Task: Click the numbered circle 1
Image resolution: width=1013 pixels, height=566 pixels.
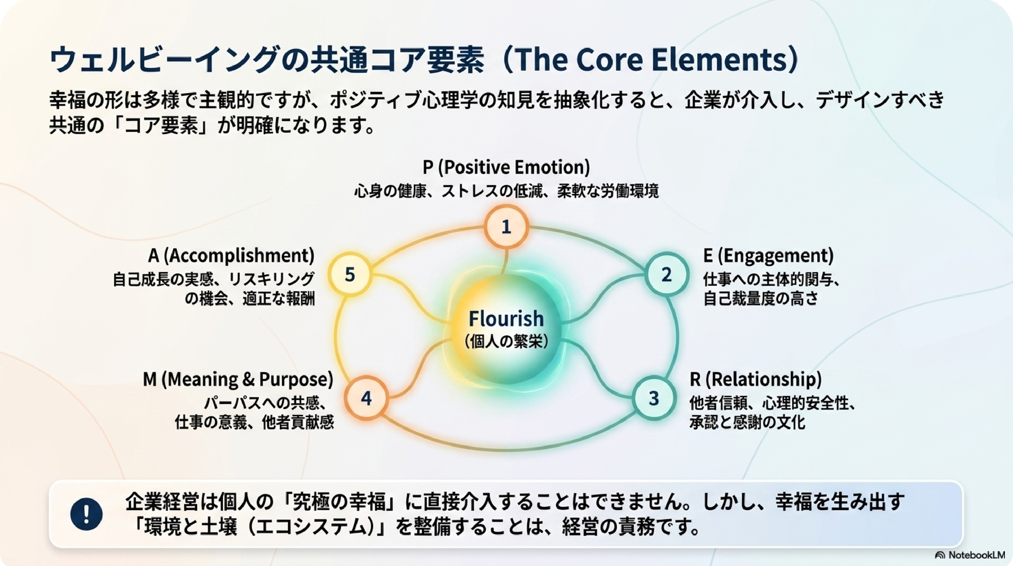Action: tap(506, 227)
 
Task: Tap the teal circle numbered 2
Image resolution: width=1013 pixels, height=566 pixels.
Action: tap(666, 275)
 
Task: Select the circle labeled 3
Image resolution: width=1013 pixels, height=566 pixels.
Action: tap(654, 398)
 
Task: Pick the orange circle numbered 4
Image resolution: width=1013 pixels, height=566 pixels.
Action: tap(366, 398)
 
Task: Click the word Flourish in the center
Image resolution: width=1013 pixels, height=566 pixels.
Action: tap(506, 318)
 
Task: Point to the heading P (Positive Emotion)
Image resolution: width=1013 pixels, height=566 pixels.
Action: tap(506, 167)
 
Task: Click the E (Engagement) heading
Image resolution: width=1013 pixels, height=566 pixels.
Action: tap(768, 255)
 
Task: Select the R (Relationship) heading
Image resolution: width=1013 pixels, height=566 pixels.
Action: tap(755, 379)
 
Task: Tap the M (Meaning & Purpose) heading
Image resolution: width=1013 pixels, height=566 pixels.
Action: tap(238, 379)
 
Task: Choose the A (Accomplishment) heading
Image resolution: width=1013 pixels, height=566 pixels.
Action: tap(231, 255)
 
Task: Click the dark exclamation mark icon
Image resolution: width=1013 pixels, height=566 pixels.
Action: tap(87, 514)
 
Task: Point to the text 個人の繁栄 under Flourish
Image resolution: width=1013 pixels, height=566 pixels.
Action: tap(506, 341)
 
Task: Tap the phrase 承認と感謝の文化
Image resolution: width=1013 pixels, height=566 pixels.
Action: tap(747, 422)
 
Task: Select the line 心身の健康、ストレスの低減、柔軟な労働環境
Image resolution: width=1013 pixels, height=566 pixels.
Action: tap(506, 191)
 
